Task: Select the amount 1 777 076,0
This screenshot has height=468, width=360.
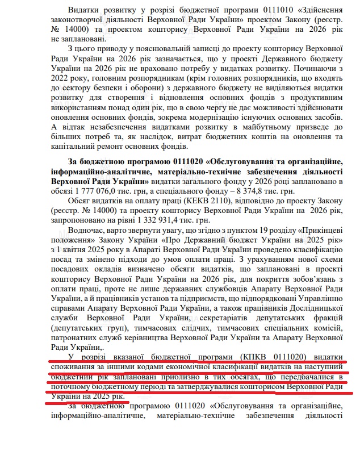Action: [77, 191]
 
